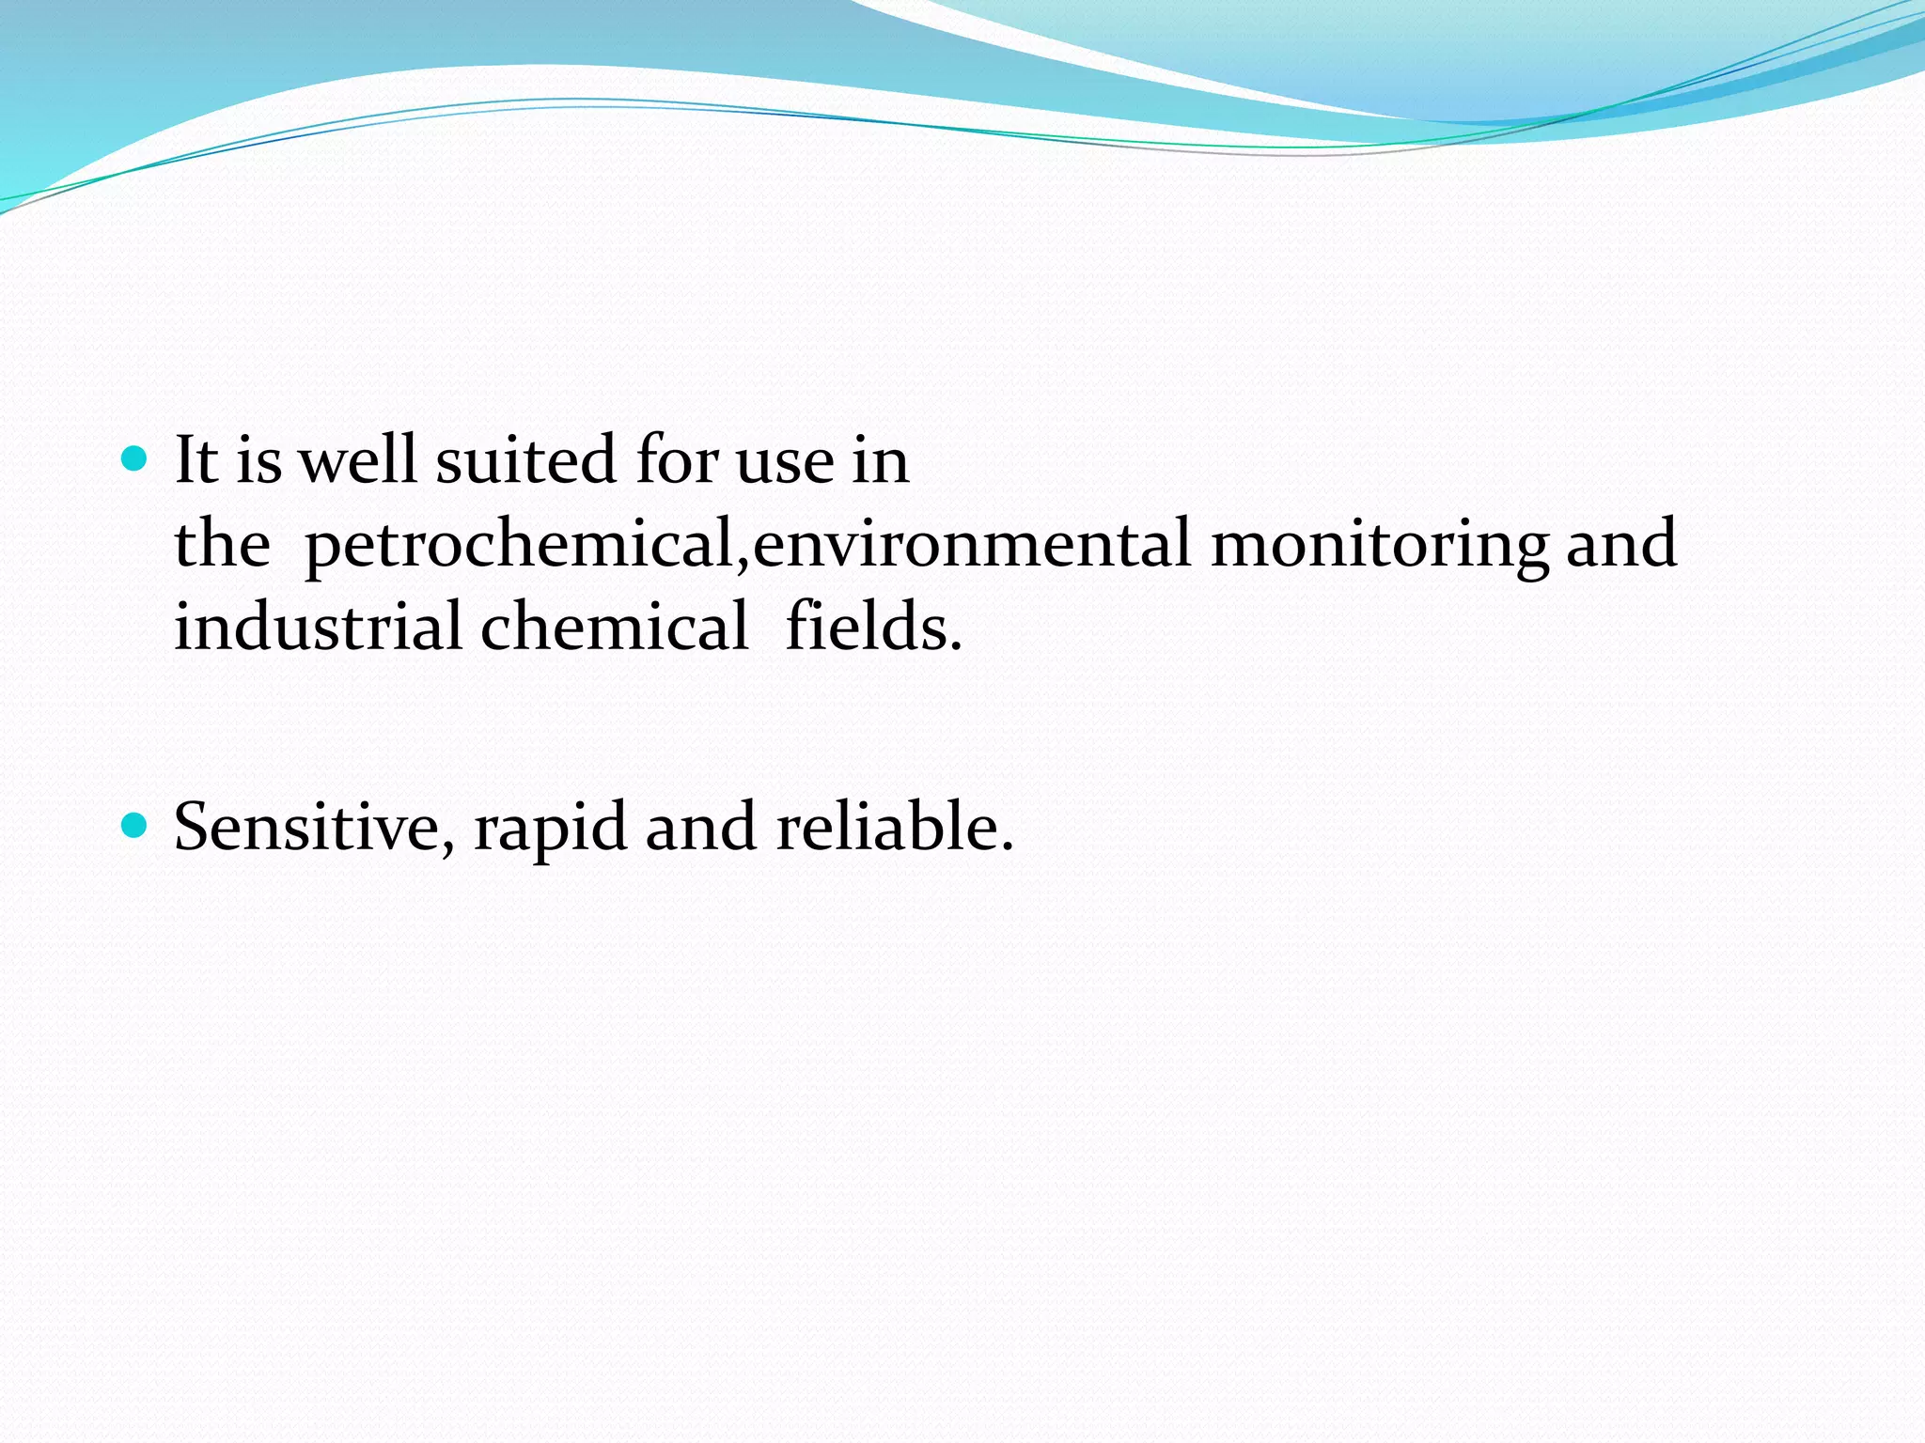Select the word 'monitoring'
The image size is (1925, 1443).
[x=1380, y=545]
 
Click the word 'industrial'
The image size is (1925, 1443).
[x=318, y=628]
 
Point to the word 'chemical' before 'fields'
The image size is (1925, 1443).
[x=615, y=628]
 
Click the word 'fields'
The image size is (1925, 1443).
[x=873, y=628]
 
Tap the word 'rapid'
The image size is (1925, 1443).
[x=550, y=828]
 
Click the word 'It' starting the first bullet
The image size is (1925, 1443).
[x=196, y=461]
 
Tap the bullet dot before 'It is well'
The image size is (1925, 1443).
[x=136, y=459]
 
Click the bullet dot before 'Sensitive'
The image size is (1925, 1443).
[x=136, y=826]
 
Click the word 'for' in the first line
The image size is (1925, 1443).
[x=676, y=461]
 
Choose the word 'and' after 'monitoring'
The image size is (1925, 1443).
[x=1621, y=545]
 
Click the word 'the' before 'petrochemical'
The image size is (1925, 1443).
[x=223, y=545]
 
